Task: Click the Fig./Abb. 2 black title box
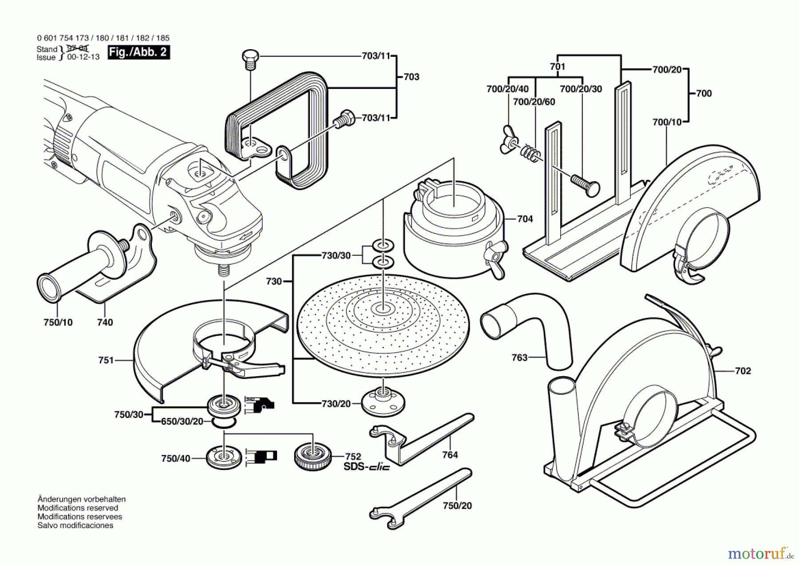(x=138, y=52)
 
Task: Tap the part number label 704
(x=525, y=219)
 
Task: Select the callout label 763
(x=519, y=358)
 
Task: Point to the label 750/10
(x=58, y=322)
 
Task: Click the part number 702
(x=743, y=371)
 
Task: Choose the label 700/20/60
(x=534, y=102)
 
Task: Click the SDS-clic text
(x=367, y=467)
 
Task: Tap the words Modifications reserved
(x=78, y=508)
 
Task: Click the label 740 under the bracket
(x=105, y=322)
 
